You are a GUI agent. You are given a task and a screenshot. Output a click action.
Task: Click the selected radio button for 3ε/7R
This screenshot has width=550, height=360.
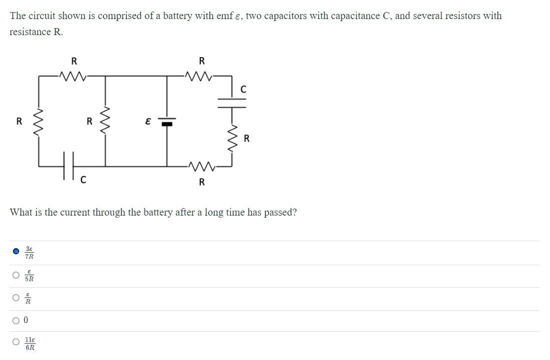[x=16, y=251]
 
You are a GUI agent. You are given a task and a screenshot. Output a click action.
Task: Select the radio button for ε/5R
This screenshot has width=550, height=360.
[x=16, y=275]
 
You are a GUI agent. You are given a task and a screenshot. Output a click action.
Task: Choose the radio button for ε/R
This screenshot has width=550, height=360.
[x=16, y=298]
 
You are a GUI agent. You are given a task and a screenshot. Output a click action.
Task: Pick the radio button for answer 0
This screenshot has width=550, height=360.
[x=16, y=320]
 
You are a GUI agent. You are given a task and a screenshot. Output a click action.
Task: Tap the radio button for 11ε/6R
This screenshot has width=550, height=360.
[x=16, y=342]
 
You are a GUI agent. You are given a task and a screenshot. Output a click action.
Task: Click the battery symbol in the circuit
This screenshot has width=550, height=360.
[x=167, y=121]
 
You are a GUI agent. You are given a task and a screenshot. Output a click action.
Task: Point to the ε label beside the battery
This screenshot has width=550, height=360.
[x=148, y=121]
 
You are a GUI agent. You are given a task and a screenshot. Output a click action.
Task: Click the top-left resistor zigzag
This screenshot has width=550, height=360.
[x=73, y=76]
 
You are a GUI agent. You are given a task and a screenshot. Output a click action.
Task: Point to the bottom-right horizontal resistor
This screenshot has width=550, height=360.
[x=201, y=165]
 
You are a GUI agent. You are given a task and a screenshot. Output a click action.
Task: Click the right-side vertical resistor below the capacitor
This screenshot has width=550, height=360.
[x=232, y=136]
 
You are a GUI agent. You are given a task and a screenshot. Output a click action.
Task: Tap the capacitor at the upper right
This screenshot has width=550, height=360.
[x=232, y=102]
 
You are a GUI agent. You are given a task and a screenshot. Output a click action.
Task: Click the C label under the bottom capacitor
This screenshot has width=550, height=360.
[x=83, y=179]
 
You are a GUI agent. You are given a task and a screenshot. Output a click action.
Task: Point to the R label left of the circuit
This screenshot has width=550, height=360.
[x=19, y=121]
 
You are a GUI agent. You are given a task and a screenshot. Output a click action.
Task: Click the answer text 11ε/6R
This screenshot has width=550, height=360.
[x=30, y=343]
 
